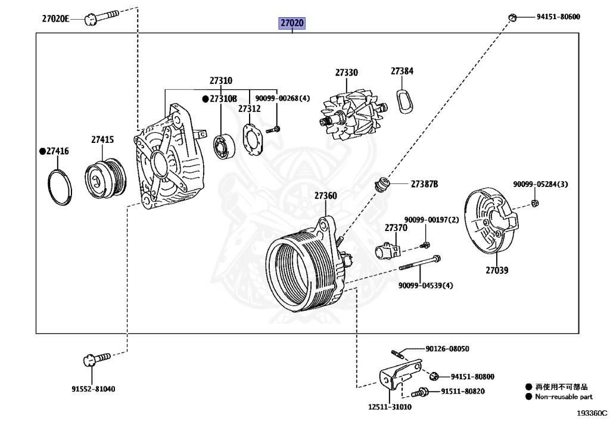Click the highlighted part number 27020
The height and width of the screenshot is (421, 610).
click(x=292, y=23)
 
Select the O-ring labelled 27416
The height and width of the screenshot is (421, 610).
click(x=60, y=187)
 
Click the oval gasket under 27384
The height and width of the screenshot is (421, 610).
click(x=404, y=99)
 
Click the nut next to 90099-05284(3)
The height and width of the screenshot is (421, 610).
click(x=534, y=204)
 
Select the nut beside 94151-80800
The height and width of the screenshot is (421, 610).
click(x=435, y=376)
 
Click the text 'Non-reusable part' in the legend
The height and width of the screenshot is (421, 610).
click(x=564, y=397)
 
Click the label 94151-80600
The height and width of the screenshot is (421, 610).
click(x=558, y=17)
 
